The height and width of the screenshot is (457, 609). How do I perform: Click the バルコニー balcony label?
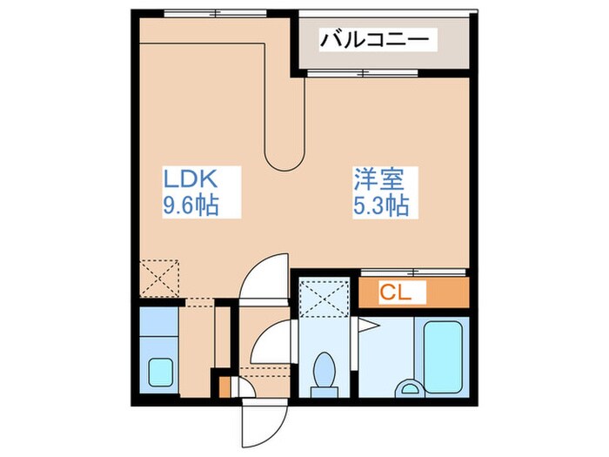click(374, 39)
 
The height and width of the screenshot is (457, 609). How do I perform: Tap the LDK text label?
click(190, 180)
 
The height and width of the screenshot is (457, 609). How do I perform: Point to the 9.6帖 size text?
click(190, 206)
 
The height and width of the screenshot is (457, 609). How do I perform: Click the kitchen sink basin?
click(160, 372)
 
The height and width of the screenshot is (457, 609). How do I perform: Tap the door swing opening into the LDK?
click(265, 279)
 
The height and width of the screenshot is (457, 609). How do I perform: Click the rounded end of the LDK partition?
click(285, 157)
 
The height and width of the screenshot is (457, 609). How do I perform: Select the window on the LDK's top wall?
click(214, 13)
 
